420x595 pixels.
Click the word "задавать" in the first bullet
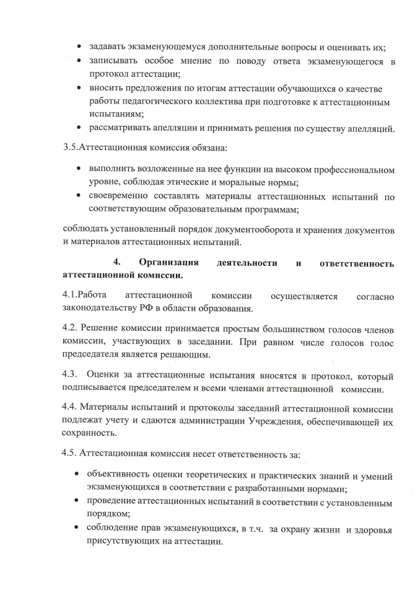(110, 47)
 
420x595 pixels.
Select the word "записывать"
(115, 62)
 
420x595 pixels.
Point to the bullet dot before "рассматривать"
(78, 128)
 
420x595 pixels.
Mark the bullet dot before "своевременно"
(78, 196)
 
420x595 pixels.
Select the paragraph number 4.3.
(71, 376)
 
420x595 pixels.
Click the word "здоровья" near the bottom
(370, 527)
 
